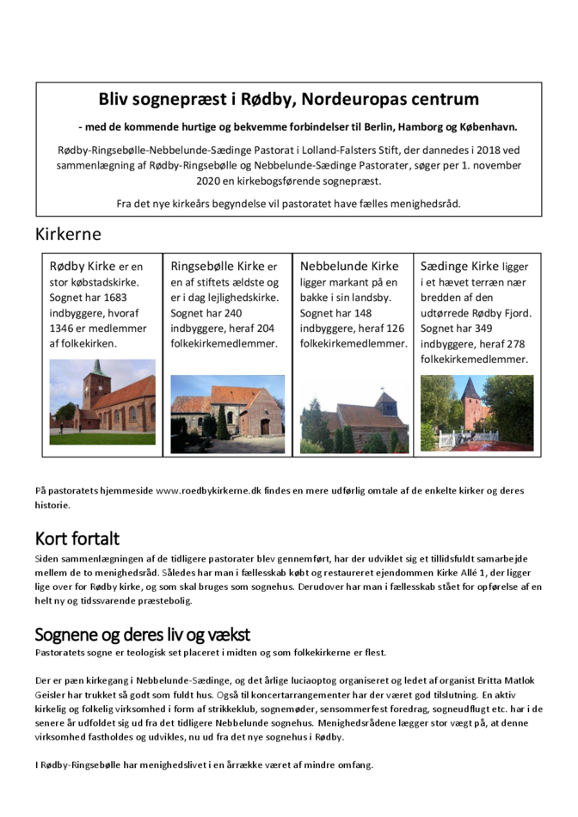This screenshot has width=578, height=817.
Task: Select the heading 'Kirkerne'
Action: [68, 234]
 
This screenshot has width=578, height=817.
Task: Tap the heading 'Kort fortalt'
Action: [77, 539]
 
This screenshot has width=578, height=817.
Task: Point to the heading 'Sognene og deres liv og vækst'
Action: [142, 635]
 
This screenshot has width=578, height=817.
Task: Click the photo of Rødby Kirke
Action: [102, 396]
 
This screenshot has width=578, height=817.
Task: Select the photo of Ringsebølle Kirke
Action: [227, 414]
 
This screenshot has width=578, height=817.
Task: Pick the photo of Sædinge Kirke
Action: [477, 413]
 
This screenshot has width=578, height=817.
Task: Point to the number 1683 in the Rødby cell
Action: [126, 297]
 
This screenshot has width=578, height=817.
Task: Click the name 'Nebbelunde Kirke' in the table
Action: [349, 266]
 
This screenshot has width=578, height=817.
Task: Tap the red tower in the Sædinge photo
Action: [470, 397]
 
